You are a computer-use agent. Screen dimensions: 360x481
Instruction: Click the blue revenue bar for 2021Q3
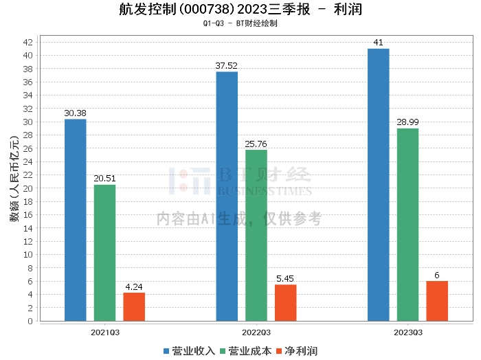[76, 220]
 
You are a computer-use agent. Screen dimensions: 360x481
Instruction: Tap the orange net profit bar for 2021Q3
[134, 306]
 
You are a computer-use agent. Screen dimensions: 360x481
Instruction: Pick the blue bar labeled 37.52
[227, 196]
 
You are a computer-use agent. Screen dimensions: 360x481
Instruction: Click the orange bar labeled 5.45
[286, 303]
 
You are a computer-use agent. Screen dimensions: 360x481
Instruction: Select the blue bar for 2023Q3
[379, 185]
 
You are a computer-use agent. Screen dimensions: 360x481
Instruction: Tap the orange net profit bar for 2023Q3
[437, 301]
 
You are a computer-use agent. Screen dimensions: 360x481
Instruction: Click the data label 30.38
[76, 113]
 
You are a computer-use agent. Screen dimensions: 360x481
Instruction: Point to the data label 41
[379, 43]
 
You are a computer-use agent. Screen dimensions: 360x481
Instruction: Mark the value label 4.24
[134, 286]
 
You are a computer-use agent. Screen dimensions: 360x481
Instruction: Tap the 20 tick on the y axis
[28, 188]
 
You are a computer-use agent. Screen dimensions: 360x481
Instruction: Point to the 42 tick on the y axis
[28, 42]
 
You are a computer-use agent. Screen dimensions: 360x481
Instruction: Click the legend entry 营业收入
[190, 350]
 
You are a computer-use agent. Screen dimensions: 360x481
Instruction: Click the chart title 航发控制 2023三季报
[240, 10]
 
